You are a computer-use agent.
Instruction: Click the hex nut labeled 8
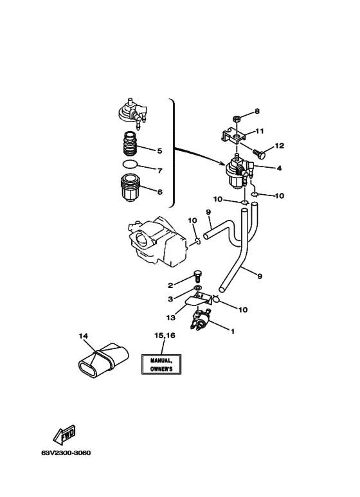235,119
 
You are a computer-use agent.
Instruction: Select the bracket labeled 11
233,136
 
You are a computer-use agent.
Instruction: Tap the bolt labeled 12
259,153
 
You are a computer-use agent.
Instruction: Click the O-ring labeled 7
130,165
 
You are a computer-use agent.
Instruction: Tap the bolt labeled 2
197,275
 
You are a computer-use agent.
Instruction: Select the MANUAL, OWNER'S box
161,364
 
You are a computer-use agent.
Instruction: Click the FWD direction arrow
65,435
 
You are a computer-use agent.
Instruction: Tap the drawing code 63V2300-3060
66,453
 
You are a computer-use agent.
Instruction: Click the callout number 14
84,336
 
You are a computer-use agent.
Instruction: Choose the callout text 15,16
165,336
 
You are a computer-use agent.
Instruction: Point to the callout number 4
279,168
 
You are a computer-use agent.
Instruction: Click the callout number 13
171,317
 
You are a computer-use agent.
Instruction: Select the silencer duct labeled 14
103,361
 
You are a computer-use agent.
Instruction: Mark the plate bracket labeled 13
197,299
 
